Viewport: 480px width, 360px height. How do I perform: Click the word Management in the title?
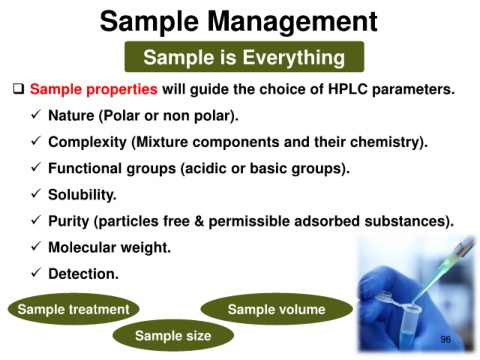click(x=292, y=22)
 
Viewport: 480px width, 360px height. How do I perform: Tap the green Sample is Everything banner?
click(x=244, y=57)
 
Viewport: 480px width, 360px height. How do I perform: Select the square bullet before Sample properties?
click(x=19, y=89)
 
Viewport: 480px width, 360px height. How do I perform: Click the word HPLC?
click(x=348, y=89)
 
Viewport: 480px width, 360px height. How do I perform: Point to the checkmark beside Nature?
click(x=36, y=115)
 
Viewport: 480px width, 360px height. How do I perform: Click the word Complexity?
click(x=87, y=142)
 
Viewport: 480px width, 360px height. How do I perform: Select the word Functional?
click(x=85, y=168)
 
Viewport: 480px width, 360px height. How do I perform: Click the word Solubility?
click(x=82, y=195)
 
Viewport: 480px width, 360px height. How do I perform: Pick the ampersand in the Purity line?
click(x=199, y=221)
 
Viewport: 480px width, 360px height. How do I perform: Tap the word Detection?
click(x=83, y=274)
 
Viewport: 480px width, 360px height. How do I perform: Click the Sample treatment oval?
click(x=73, y=309)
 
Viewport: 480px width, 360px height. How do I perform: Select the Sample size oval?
click(x=173, y=335)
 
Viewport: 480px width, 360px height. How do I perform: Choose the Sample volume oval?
click(x=276, y=309)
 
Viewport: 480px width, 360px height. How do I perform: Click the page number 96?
click(x=446, y=339)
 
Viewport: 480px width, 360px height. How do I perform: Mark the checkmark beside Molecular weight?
click(x=36, y=246)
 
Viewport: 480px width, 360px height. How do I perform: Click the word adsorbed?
click(x=327, y=221)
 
